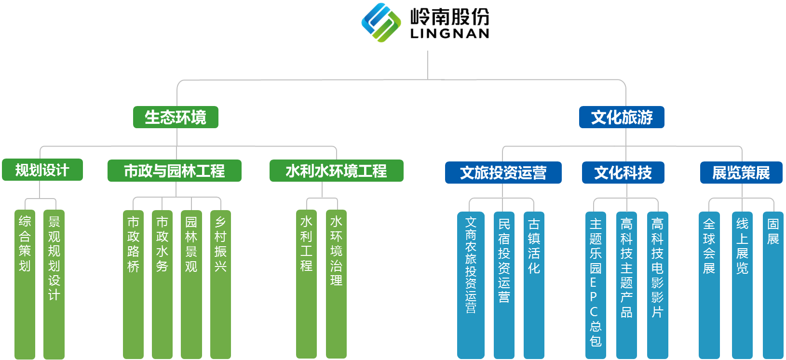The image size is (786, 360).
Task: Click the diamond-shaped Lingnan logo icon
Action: [381, 23]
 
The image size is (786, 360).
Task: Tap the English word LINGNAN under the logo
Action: [449, 33]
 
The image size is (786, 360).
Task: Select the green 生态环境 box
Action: [176, 117]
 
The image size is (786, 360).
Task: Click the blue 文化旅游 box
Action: [622, 117]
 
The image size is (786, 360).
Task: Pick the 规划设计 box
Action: [42, 170]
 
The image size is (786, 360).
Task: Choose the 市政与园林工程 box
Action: [175, 171]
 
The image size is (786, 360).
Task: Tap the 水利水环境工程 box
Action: [337, 171]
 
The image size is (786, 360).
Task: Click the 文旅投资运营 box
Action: [503, 173]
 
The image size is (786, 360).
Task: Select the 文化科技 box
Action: [623, 173]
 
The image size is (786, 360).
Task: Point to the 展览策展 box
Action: [742, 173]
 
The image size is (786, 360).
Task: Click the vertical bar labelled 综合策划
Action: [25, 284]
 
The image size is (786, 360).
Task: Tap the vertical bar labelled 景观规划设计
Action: [54, 284]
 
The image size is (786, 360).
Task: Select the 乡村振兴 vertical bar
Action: [221, 284]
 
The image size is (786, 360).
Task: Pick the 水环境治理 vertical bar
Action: [336, 284]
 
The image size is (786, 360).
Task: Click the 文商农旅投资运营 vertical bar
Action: [471, 285]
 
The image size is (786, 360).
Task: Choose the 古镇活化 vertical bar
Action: [534, 285]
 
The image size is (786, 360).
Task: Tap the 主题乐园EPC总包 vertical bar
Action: [596, 285]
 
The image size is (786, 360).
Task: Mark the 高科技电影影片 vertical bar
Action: [658, 285]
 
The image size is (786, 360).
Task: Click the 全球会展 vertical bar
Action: [709, 285]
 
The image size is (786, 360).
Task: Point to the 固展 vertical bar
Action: [773, 285]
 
